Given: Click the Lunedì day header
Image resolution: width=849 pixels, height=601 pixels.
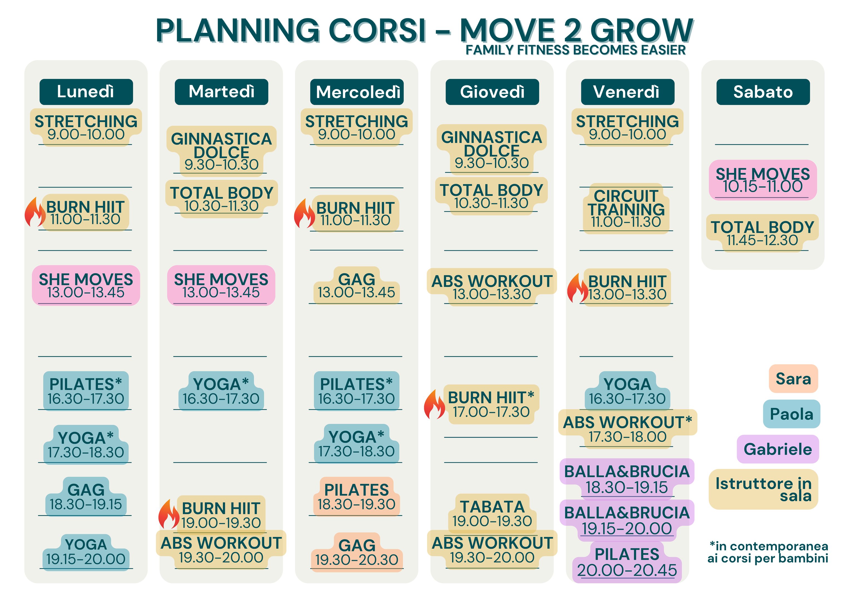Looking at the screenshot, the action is point(86,92).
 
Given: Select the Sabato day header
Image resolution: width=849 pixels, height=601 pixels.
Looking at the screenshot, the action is point(763,92).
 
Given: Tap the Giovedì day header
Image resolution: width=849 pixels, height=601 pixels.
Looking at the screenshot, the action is point(492,92).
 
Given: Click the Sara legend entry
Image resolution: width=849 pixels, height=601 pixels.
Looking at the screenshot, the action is point(793,379).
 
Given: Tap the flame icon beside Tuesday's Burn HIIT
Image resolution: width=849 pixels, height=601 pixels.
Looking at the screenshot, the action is point(169,514).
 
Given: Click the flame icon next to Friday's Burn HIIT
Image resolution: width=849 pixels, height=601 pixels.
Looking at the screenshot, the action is point(577,288).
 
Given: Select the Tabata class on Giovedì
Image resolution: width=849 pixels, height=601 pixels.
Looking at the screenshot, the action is point(492,514).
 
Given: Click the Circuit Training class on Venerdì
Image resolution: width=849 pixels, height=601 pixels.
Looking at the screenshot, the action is point(626,209).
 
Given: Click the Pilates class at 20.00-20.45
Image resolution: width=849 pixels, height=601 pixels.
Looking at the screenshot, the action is point(627,562).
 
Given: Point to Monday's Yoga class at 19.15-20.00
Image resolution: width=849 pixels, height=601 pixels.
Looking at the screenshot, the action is point(86,552).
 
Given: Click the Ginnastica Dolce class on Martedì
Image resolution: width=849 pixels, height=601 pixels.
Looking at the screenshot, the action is point(222,151).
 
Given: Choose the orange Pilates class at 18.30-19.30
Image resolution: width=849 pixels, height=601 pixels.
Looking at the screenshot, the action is point(356,497).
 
